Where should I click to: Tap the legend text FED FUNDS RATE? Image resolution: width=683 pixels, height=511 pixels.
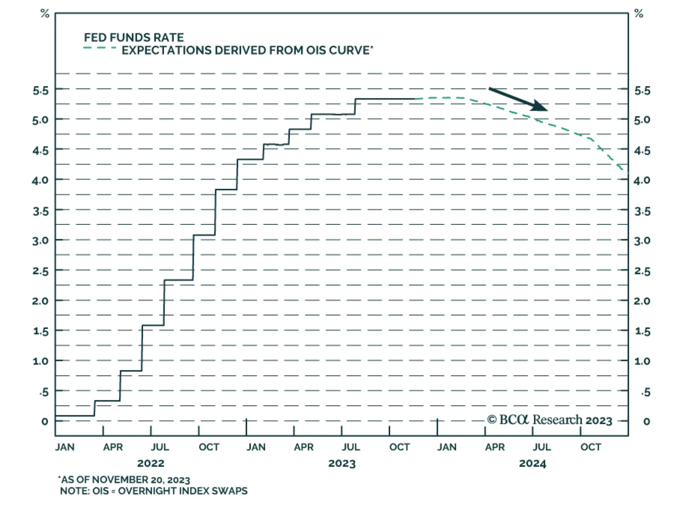tap(134, 38)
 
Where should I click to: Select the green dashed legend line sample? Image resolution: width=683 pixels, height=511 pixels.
tap(100, 48)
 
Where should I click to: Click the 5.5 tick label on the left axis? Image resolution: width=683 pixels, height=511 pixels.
tap(41, 91)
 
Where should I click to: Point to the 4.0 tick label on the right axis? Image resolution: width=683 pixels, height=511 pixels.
tap(642, 180)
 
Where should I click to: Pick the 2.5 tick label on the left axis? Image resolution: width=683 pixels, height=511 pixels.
tap(41, 271)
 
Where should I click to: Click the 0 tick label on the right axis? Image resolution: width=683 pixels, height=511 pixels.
tap(646, 422)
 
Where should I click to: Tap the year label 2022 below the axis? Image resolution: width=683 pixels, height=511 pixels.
tap(151, 464)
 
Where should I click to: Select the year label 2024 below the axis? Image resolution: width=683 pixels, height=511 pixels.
tap(532, 464)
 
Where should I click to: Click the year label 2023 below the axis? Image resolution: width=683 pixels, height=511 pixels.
tap(341, 464)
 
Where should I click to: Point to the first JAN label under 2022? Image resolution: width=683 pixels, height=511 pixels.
tap(65, 447)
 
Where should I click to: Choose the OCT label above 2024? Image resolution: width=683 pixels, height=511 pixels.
tap(591, 447)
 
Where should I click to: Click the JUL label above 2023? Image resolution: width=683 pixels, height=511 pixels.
tap(350, 447)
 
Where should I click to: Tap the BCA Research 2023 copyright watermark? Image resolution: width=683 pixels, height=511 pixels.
tap(550, 420)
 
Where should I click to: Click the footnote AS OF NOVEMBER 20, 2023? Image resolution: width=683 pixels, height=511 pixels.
tap(124, 480)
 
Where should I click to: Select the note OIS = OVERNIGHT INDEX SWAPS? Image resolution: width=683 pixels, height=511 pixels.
tap(154, 491)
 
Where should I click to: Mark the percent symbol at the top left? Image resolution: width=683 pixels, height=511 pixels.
tap(45, 14)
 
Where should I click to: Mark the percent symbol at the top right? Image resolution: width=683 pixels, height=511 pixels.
tap(639, 14)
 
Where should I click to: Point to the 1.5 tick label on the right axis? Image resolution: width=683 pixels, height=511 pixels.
tap(642, 332)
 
